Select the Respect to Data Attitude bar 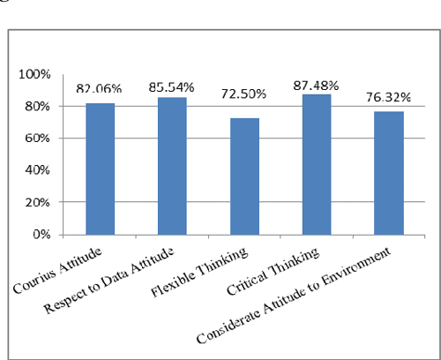(171, 166)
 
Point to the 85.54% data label (171, 88)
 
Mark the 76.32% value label (388, 97)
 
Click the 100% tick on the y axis (39, 74)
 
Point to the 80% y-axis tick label (41, 107)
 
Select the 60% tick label (41, 139)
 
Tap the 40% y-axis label (41, 170)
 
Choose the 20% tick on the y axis (41, 203)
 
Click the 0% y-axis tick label (44, 235)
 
